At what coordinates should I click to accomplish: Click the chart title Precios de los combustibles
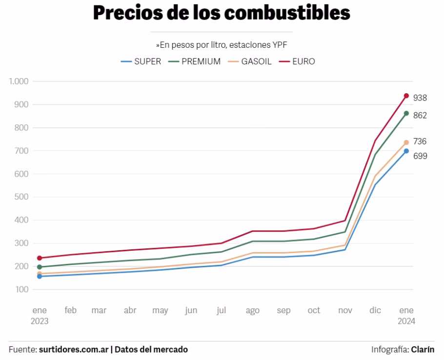tap(222, 13)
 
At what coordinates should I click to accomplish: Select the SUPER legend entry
tap(141, 61)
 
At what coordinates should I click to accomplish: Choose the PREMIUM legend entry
tap(195, 61)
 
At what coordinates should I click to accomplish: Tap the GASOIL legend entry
tap(250, 61)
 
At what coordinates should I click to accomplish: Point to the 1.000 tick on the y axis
tap(19, 81)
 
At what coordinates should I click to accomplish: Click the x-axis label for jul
tap(222, 310)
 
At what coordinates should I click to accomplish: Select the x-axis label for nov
tap(344, 310)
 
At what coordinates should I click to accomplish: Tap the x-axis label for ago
tap(252, 310)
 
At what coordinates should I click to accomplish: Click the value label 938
tap(420, 98)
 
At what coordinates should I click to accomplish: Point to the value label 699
tap(420, 157)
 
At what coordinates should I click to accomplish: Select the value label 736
tap(420, 141)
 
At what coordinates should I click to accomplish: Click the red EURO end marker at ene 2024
tap(406, 96)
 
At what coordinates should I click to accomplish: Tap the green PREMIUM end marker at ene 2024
tap(406, 113)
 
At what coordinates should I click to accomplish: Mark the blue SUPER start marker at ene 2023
tap(40, 277)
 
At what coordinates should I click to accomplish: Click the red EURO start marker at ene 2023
tap(40, 258)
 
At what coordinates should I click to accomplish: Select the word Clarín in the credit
tap(423, 349)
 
